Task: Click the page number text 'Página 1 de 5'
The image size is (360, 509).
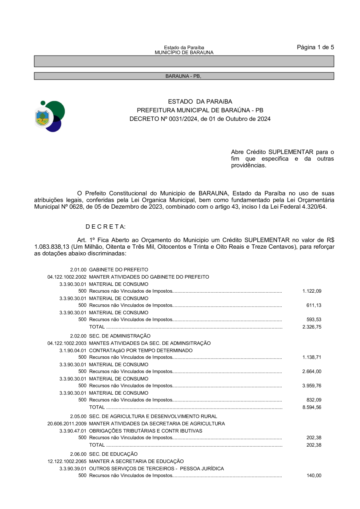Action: click(x=315, y=47)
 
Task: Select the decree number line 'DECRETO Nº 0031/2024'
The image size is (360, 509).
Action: click(x=200, y=119)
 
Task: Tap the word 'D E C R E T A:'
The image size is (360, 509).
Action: click(x=106, y=227)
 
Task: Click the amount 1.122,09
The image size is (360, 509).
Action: click(x=312, y=291)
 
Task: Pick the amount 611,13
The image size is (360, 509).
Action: click(x=314, y=305)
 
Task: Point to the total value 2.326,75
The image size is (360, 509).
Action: click(x=312, y=327)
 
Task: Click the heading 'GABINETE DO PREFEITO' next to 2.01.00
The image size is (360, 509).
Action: click(x=118, y=269)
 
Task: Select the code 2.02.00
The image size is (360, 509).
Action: click(x=78, y=336)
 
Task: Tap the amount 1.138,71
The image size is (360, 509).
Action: click(x=312, y=357)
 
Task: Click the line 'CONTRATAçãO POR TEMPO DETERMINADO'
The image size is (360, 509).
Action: click(x=141, y=350)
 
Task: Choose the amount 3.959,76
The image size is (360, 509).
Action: click(x=312, y=386)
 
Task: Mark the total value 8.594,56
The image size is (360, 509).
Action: click(x=312, y=407)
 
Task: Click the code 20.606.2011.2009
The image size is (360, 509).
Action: click(x=67, y=423)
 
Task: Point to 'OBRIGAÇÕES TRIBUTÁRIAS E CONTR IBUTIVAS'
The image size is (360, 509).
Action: click(x=146, y=431)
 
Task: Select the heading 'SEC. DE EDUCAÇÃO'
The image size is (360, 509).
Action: click(x=113, y=454)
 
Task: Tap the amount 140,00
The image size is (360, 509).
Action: click(x=314, y=475)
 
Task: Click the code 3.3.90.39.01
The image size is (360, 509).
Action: click(x=73, y=468)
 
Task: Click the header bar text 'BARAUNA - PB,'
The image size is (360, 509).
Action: click(x=183, y=76)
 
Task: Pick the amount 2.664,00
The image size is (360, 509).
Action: click(x=312, y=371)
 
